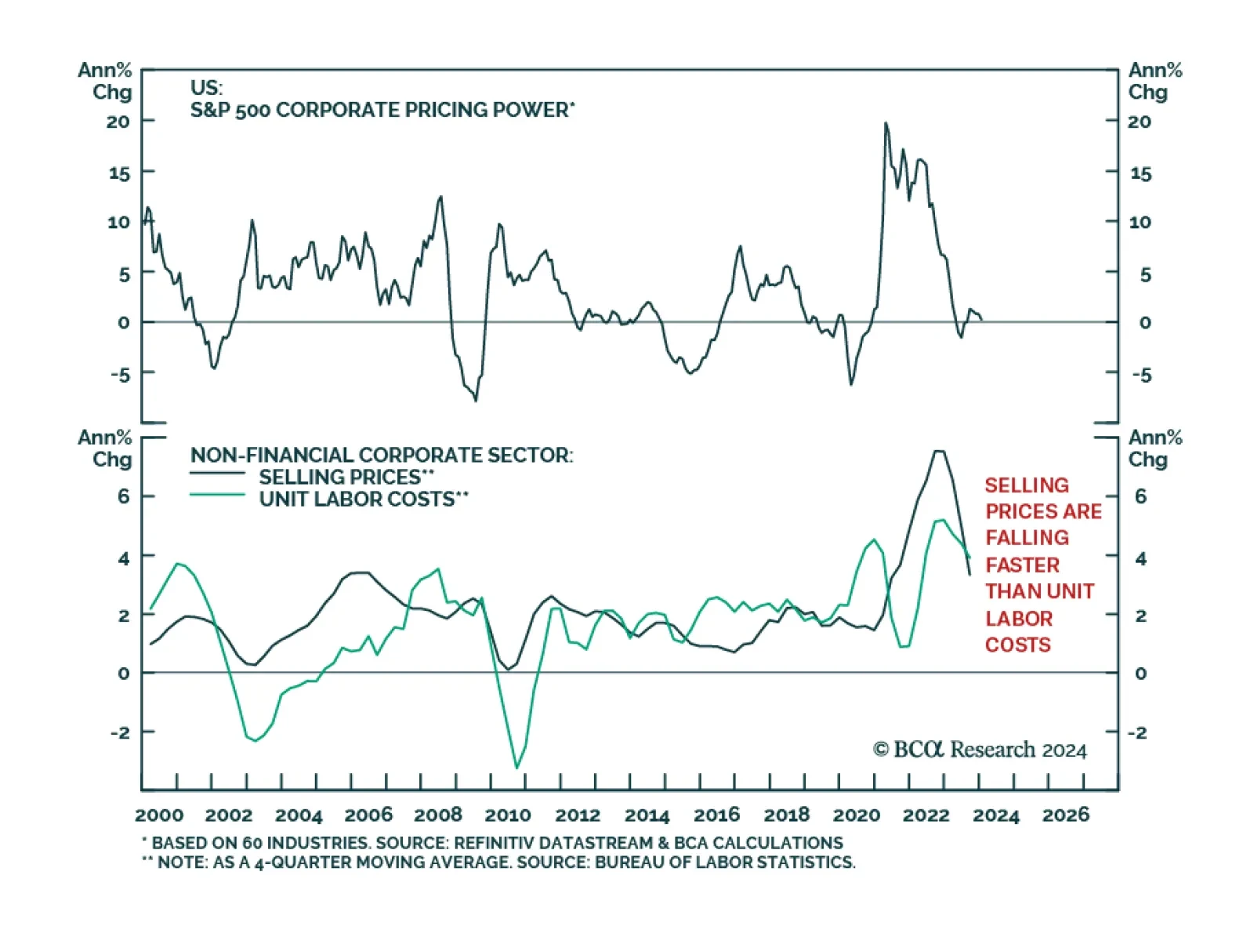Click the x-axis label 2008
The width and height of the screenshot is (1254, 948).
438,815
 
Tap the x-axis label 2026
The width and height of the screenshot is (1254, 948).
1065,815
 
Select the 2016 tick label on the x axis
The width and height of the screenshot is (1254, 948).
716,815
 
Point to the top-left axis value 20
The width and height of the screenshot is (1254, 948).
118,122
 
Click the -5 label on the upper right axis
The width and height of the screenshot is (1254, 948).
1142,375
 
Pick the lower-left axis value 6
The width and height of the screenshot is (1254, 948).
123,496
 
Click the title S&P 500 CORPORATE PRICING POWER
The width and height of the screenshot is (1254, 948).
382,110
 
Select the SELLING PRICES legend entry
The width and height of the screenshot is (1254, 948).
345,477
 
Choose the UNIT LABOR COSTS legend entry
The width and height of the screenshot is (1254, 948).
362,499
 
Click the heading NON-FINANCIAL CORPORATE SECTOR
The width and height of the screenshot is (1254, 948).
382,455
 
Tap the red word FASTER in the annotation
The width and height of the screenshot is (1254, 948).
1022,565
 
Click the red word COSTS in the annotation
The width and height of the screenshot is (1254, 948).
1017,645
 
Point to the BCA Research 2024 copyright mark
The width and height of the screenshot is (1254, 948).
980,750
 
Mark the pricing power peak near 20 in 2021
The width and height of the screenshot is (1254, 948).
886,123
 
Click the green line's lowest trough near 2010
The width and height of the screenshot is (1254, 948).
516,768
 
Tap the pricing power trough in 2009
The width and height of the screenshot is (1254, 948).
475,400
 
